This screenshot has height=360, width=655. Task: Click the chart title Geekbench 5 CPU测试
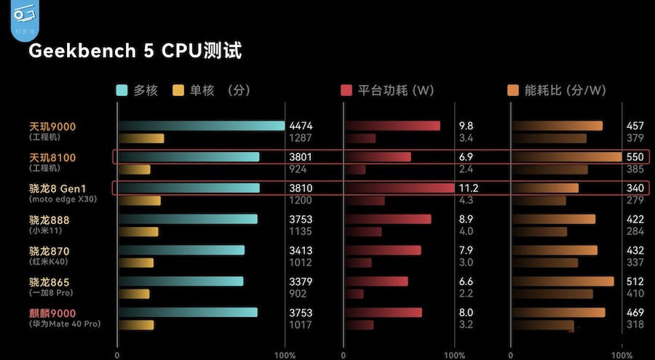(x=135, y=51)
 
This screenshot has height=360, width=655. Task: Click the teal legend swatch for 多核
(x=122, y=90)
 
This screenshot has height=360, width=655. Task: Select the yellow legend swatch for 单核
(x=178, y=90)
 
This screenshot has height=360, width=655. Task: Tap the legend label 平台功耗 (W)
(x=395, y=90)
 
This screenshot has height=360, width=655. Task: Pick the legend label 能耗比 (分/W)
(x=565, y=90)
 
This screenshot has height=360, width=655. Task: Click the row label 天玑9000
(x=52, y=127)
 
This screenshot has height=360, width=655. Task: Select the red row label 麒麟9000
(x=52, y=313)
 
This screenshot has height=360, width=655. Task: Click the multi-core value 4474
(x=301, y=126)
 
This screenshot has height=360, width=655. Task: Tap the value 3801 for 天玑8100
(x=301, y=157)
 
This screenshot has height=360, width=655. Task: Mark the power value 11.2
(x=468, y=188)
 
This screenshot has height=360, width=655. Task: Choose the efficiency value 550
(x=635, y=157)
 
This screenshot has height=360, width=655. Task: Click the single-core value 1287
(x=300, y=138)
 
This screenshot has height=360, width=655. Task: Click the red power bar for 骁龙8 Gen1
(x=400, y=188)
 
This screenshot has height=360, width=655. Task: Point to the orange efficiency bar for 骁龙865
(x=563, y=281)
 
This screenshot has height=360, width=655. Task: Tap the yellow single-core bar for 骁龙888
(x=138, y=232)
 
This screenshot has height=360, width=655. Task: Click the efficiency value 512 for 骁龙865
(x=635, y=281)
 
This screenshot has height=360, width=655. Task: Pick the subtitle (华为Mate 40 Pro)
(x=65, y=324)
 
